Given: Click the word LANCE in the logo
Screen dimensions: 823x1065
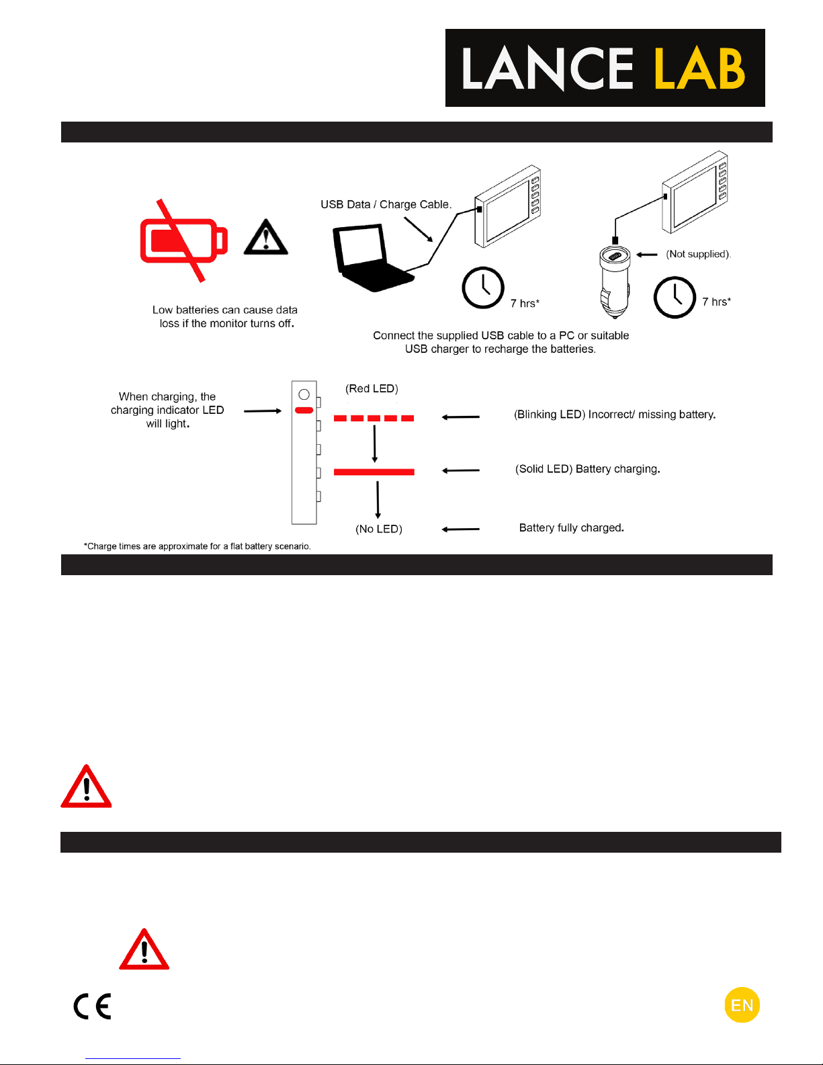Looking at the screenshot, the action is point(547,69).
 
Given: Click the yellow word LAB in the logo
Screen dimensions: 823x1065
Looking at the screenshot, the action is point(699,69).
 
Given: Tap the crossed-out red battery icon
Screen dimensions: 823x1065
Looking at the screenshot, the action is point(183,240).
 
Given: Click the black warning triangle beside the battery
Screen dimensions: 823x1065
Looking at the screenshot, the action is point(266,238).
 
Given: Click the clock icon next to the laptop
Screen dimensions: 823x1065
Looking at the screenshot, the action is point(483,288).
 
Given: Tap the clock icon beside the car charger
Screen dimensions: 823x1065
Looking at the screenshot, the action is point(675,297).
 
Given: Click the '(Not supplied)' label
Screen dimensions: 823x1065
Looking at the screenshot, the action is point(698,254).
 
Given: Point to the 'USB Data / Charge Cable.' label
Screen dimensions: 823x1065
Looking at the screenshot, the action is point(386,204).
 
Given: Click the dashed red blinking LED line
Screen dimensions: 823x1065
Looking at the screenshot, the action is point(374,418).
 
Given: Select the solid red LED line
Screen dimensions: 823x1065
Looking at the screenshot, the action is point(374,472).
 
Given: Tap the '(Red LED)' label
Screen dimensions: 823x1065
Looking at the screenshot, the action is point(372,388).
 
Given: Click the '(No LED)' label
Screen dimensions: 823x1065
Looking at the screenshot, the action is point(379,529).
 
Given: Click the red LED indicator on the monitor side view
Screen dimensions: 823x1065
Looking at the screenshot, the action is point(304,410).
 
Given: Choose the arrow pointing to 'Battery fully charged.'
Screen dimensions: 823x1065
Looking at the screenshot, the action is point(461,529).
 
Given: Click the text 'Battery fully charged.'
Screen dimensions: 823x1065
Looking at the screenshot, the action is point(571,527).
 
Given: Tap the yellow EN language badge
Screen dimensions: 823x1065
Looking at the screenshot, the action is point(742,1005).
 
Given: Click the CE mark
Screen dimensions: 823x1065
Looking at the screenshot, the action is point(92,1006).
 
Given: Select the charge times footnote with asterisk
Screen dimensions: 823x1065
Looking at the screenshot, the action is point(197,546).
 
